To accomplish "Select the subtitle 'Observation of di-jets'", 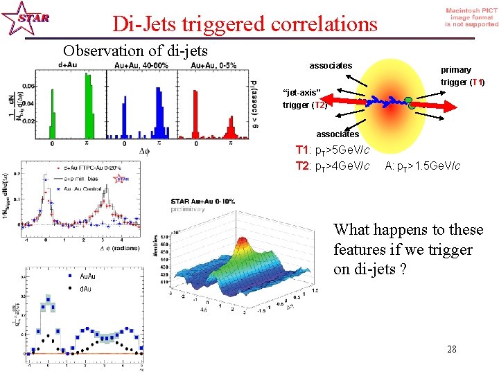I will coord(135,51).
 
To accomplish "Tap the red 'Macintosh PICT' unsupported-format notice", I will coord(471,17).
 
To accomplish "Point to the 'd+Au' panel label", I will coord(68,65).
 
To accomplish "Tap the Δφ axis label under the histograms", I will coord(144,150).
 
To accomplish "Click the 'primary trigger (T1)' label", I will coord(462,76).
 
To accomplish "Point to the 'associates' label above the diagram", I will coord(331,66).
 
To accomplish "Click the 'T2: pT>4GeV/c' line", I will coord(332,166).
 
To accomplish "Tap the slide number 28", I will coord(451,348).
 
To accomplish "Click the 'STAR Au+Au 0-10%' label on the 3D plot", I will coord(203,202).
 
